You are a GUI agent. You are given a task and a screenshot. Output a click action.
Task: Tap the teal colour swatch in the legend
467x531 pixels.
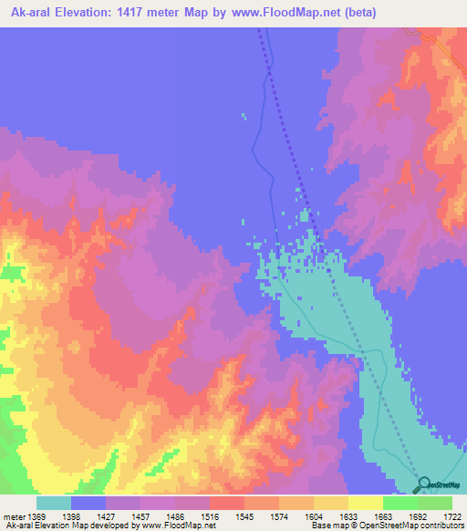[54, 503]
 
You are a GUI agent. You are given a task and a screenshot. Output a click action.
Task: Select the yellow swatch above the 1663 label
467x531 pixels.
[365, 503]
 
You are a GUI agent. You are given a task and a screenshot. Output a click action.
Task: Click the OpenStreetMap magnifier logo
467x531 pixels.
[422, 485]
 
